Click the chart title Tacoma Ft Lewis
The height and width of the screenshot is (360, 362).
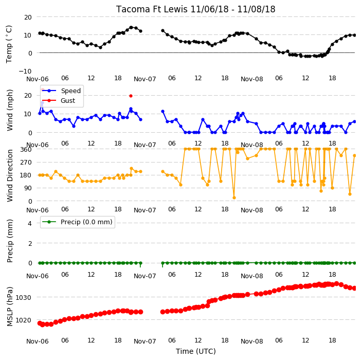[152, 9]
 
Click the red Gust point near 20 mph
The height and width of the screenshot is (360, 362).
[131, 96]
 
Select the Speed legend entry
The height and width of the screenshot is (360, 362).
[62, 91]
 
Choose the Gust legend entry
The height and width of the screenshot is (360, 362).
[59, 101]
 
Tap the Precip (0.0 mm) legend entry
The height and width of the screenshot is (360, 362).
[78, 222]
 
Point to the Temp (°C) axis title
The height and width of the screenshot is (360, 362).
[9, 44]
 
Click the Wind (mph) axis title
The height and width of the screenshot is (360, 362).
[9, 110]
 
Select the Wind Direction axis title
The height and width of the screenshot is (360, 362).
[9, 176]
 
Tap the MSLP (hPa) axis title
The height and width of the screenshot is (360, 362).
[9, 307]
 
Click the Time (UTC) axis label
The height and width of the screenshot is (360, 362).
[196, 351]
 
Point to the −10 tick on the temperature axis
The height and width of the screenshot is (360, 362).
[25, 71]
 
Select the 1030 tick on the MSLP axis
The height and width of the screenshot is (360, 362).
[23, 297]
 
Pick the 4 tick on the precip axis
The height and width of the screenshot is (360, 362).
[30, 223]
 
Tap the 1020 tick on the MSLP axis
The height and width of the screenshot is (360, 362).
[23, 320]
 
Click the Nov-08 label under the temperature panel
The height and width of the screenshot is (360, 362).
[252, 79]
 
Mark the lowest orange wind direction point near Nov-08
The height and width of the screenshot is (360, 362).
[234, 197]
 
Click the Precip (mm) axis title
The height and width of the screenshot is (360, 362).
[9, 241]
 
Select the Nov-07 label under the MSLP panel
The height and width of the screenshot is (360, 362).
[145, 341]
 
